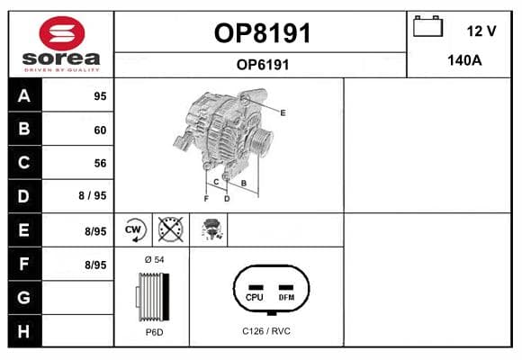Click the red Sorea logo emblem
(x=62, y=33)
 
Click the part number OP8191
(x=262, y=33)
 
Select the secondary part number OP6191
(x=263, y=65)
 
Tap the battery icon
(x=427, y=26)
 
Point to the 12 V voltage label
(x=481, y=31)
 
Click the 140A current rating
(x=464, y=60)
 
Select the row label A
(x=24, y=95)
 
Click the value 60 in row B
(x=100, y=130)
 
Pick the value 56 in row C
(x=100, y=163)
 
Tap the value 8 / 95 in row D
(x=93, y=195)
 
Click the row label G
(x=24, y=297)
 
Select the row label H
(x=24, y=331)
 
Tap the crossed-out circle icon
(x=170, y=229)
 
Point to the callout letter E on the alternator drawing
(x=283, y=112)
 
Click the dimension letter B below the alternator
(x=244, y=184)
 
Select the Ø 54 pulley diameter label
(x=155, y=259)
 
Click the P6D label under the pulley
(x=155, y=332)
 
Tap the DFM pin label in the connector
(x=286, y=297)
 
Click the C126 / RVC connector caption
(x=266, y=331)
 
